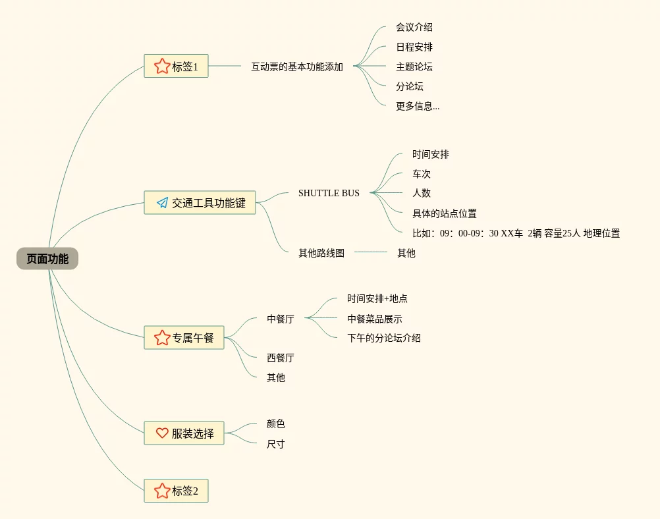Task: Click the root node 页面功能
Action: click(47, 259)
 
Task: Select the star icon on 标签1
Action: click(162, 66)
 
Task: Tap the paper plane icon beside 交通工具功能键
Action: click(162, 202)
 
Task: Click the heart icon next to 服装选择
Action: click(162, 433)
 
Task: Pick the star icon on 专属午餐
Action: click(162, 337)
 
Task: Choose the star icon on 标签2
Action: click(162, 491)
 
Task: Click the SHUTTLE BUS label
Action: click(329, 193)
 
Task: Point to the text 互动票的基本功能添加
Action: click(297, 67)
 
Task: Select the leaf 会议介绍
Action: click(414, 27)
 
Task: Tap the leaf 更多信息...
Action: click(418, 106)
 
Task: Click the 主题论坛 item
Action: click(414, 67)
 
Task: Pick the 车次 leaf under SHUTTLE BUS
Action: click(422, 174)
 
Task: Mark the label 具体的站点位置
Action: click(445, 213)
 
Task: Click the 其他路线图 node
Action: click(321, 252)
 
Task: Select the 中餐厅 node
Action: click(281, 319)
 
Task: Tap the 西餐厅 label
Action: click(281, 358)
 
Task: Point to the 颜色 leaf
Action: click(276, 423)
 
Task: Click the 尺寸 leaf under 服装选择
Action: click(276, 444)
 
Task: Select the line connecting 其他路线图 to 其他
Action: click(371, 252)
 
